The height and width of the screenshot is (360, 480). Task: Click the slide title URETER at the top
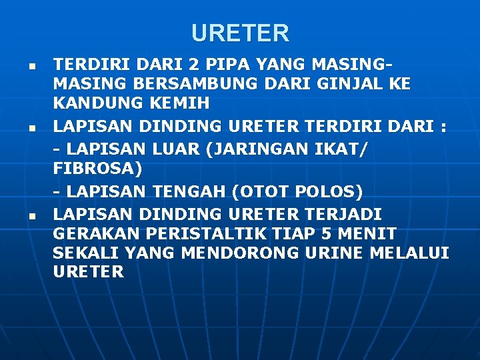[240, 33]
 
